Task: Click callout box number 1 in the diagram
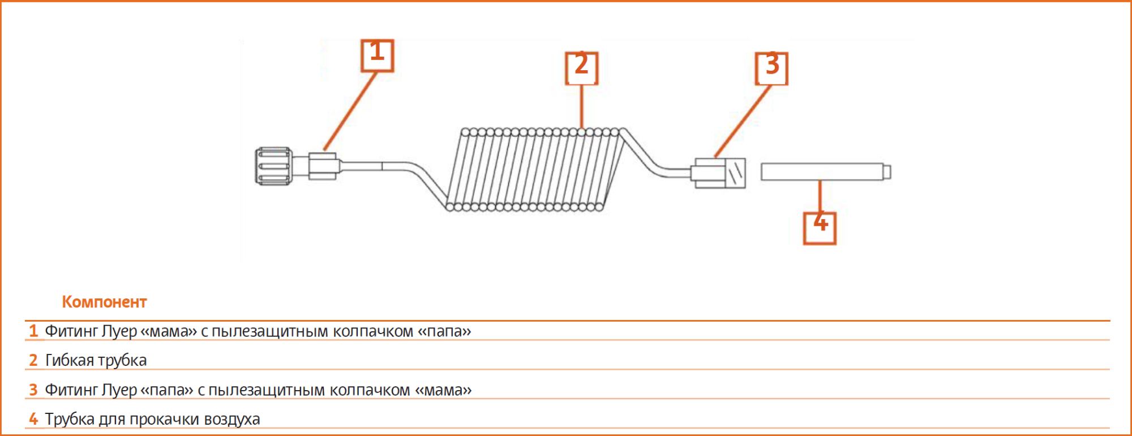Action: (378, 55)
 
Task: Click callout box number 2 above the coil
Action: (581, 69)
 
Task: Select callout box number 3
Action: (772, 69)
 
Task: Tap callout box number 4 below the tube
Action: (820, 228)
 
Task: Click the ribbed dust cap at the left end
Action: (274, 166)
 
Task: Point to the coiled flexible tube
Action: (535, 169)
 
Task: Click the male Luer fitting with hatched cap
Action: (718, 172)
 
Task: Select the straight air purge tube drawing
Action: (826, 172)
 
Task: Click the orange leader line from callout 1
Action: (350, 111)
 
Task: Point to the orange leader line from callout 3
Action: (743, 121)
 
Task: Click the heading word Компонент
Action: (104, 302)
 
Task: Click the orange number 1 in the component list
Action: (33, 331)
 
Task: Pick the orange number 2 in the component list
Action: (33, 360)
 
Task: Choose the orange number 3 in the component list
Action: (33, 390)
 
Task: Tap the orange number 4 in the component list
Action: (33, 419)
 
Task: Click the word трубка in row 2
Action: (122, 360)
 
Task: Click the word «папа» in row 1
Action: (444, 331)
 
